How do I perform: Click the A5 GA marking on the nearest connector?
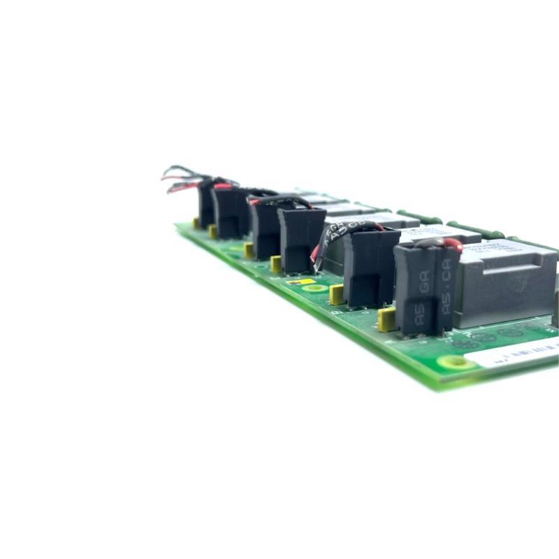421,300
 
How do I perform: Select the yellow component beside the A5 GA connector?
385,319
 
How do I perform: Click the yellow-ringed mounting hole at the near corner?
458,363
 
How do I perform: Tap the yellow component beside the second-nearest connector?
336,294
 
